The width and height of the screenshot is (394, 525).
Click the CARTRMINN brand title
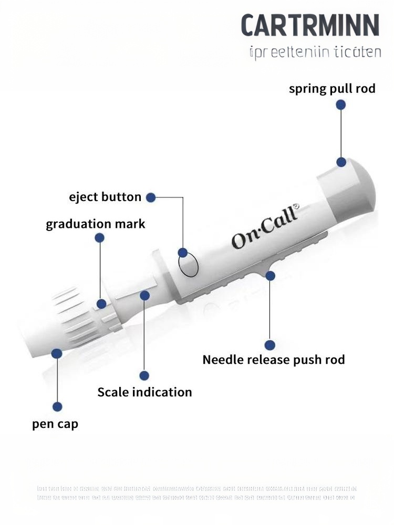pyautogui.click(x=310, y=25)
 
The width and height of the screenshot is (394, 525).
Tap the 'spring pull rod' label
pyautogui.click(x=332, y=88)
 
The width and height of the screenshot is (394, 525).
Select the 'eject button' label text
pyautogui.click(x=105, y=197)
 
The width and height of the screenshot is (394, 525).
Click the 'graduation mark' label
pyautogui.click(x=95, y=224)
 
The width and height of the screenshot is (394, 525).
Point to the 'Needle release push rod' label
pyautogui.click(x=274, y=360)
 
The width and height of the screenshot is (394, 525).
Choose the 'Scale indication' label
pyautogui.click(x=144, y=392)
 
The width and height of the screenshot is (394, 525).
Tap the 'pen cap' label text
pyautogui.click(x=55, y=423)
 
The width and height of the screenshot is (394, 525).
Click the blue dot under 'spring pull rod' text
pyautogui.click(x=340, y=105)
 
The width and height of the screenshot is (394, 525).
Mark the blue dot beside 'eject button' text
pyautogui.click(x=151, y=197)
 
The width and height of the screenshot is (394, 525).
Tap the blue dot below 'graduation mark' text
pyautogui.click(x=99, y=238)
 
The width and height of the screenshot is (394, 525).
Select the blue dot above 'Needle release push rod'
pyautogui.click(x=269, y=345)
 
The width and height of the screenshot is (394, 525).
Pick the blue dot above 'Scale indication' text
pyautogui.click(x=144, y=375)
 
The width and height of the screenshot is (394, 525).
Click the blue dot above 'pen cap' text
pyautogui.click(x=58, y=406)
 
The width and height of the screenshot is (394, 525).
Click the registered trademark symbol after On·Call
pyautogui.click(x=295, y=207)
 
